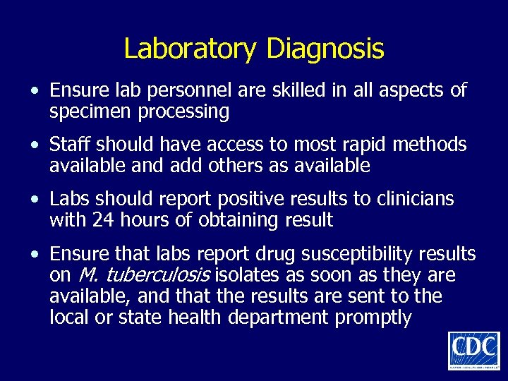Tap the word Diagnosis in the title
(325, 49)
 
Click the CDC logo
(473, 349)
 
